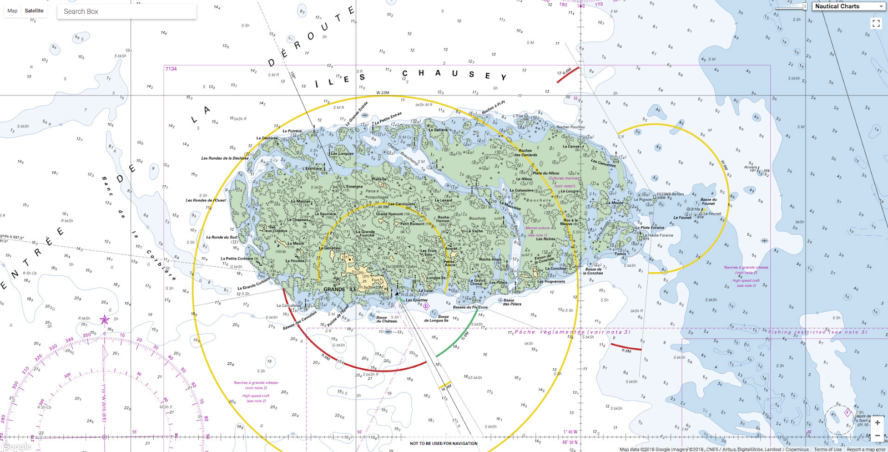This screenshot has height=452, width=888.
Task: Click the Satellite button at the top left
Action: (x=34, y=11)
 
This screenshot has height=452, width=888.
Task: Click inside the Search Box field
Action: (x=127, y=12)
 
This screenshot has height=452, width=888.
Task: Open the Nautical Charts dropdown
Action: (x=849, y=6)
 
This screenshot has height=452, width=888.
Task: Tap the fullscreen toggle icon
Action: (x=876, y=23)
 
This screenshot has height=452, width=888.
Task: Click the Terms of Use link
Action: (x=828, y=449)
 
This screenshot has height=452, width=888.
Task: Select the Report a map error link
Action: (x=866, y=449)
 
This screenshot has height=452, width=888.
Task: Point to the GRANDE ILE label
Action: (x=340, y=289)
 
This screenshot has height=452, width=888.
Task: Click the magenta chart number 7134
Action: (x=171, y=69)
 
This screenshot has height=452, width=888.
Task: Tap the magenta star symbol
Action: (x=104, y=319)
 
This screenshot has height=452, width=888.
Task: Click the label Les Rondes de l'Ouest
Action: (x=205, y=200)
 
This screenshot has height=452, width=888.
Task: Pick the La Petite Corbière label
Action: (x=236, y=258)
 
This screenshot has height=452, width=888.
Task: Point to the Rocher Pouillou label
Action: (x=571, y=127)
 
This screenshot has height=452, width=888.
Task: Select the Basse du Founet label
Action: (x=708, y=201)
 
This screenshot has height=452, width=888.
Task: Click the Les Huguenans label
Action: (x=551, y=281)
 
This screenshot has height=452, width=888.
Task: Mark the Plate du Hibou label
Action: (x=546, y=173)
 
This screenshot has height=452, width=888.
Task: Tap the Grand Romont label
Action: (x=393, y=214)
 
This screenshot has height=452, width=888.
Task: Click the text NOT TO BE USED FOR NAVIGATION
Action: (x=443, y=444)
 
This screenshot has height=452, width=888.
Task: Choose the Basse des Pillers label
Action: (x=512, y=302)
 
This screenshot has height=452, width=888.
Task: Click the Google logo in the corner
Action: (x=16, y=446)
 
